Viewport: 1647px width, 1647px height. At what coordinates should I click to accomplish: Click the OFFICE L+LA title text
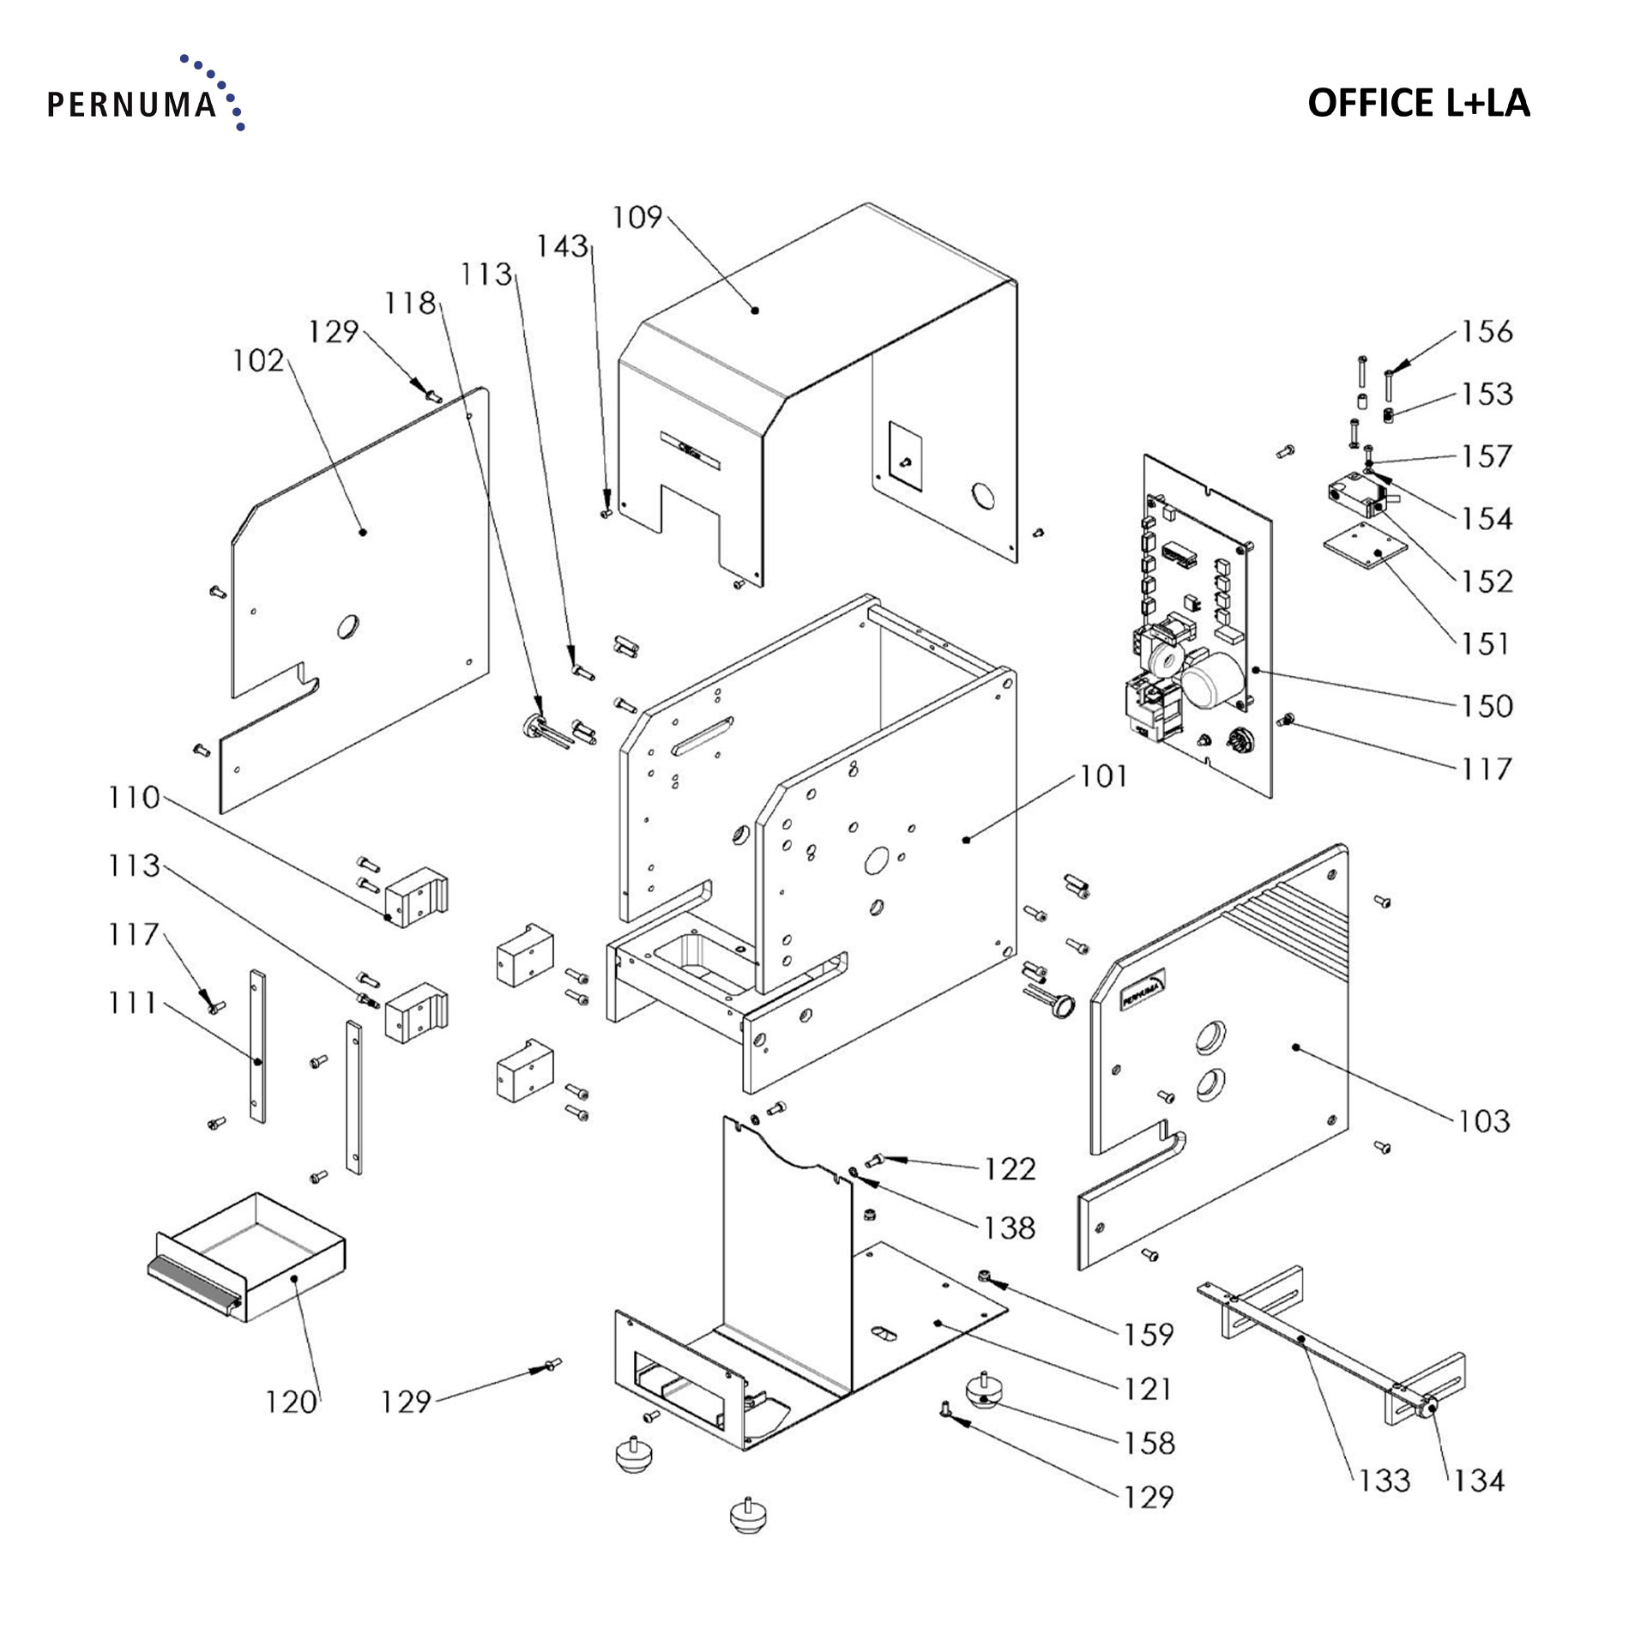tap(1418, 102)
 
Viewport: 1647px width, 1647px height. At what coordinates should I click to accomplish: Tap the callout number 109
tap(636, 218)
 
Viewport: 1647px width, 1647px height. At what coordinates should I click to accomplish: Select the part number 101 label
tap(1103, 776)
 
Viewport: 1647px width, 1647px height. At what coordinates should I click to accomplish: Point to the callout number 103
tap(1485, 1120)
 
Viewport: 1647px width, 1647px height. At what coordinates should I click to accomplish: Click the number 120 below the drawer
tap(291, 1402)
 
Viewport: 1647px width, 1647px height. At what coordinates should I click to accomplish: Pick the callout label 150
tap(1487, 706)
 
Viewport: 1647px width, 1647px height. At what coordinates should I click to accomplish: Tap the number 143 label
tap(562, 247)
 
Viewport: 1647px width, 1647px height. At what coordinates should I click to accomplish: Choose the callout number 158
tap(1149, 1443)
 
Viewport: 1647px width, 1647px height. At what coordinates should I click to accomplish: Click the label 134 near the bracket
tap(1478, 1480)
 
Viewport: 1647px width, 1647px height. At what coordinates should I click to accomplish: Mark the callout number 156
tap(1487, 331)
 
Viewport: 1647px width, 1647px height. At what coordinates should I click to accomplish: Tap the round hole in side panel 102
tap(348, 626)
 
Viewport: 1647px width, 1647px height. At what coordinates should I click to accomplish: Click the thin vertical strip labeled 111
tap(257, 1047)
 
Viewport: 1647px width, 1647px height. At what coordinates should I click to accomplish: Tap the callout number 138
tap(1010, 1228)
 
